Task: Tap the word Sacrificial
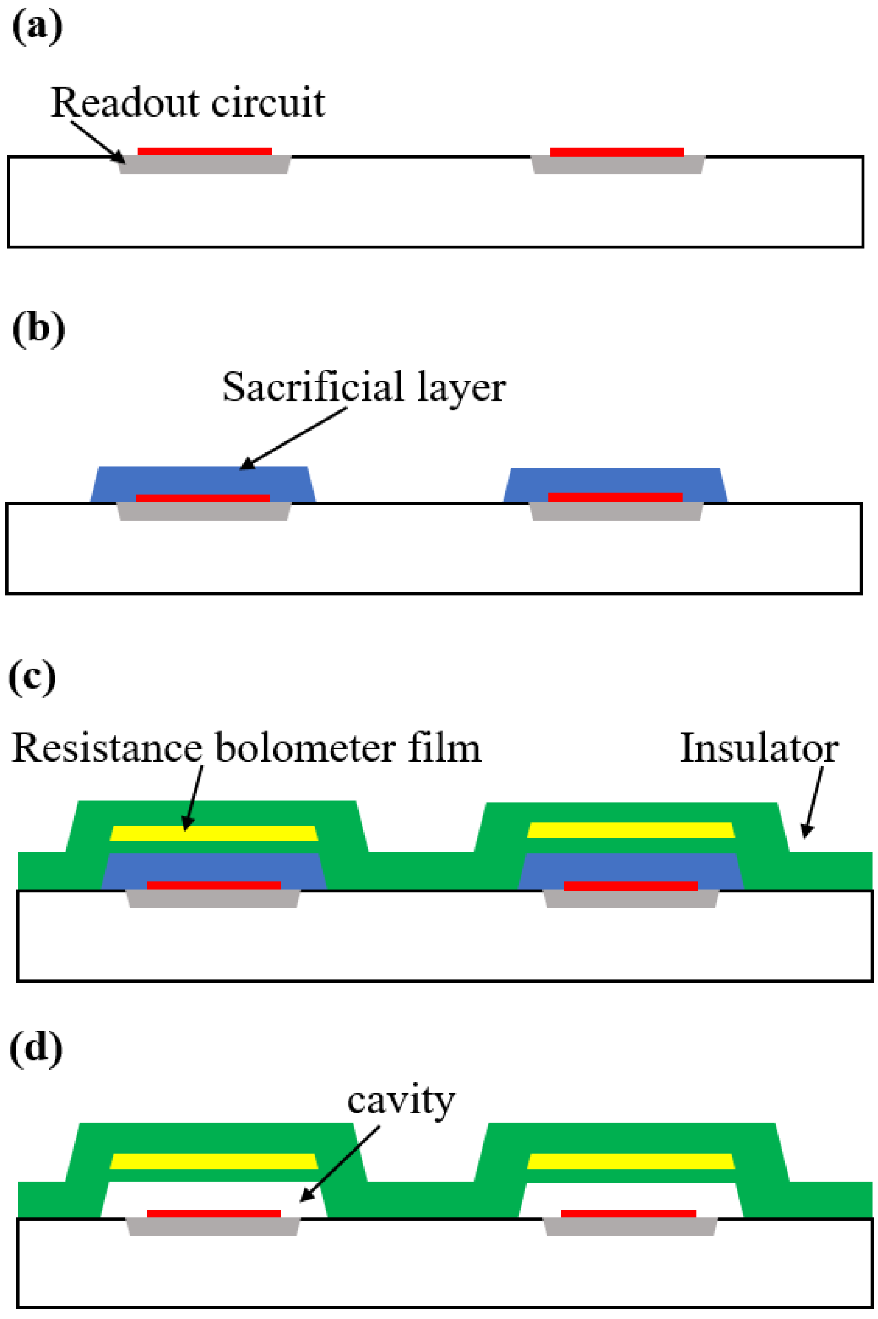click(313, 387)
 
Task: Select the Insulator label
click(759, 748)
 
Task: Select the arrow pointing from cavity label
click(340, 1164)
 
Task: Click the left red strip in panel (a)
click(204, 152)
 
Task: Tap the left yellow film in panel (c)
click(213, 833)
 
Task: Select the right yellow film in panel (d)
click(631, 1161)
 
